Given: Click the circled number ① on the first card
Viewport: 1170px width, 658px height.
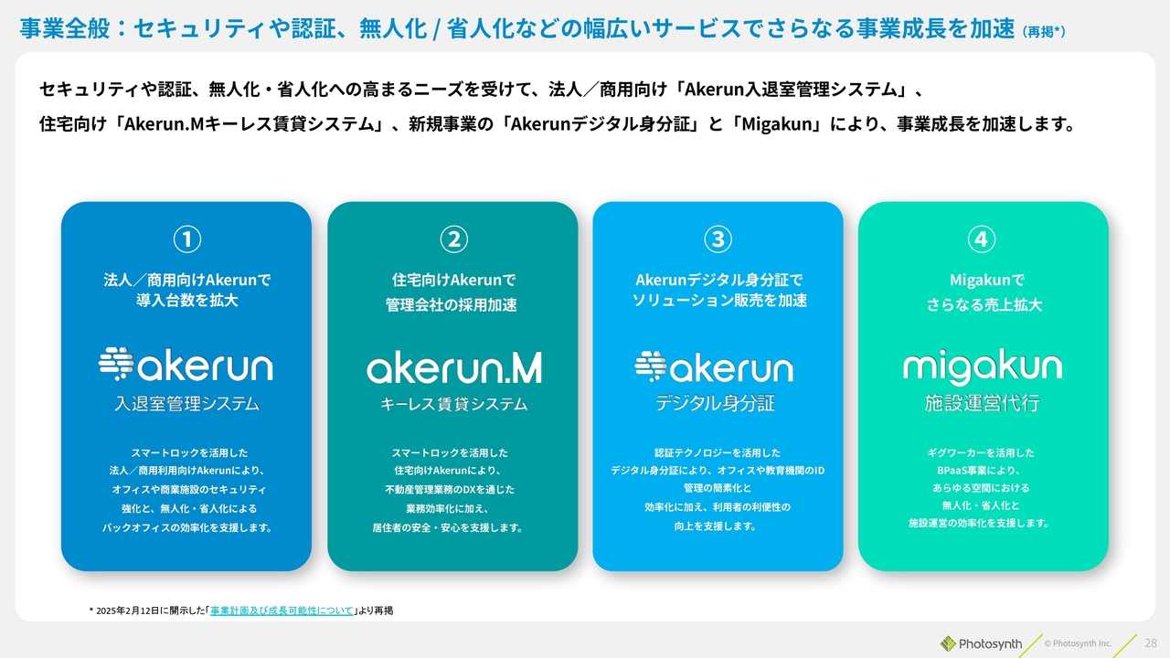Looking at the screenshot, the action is coord(187,239).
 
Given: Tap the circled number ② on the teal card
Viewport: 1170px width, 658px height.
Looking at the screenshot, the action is coord(454,239).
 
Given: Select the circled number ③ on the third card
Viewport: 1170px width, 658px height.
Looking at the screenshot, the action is coord(718,239).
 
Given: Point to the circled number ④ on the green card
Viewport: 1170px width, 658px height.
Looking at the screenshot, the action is coord(982,239).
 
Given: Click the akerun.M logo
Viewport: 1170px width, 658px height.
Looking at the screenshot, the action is coord(454,367).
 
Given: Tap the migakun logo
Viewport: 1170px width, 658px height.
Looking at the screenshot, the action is coord(983,367).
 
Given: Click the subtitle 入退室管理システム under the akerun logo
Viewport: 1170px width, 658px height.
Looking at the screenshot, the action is coord(187,403).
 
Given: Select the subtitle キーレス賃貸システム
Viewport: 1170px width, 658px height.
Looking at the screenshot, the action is coord(454,404).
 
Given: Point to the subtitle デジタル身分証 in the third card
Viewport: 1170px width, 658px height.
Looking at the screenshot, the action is coord(715,403).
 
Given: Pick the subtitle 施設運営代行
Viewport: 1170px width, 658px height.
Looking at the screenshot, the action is coord(983,403).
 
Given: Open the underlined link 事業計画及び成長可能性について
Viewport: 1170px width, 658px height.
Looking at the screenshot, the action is coord(282,610).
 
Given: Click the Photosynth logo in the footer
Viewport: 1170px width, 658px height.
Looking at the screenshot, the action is coord(981,644).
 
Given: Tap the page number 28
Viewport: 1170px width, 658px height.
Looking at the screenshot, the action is coord(1151,642).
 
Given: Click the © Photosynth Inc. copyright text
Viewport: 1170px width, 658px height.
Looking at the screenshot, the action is coord(1078,643).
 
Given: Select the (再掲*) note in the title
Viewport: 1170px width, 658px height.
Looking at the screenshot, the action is coord(1044,32).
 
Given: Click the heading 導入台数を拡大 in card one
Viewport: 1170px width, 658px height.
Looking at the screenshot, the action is coord(187,301).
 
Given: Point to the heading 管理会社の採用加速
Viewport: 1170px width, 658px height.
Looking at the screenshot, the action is coord(452,304).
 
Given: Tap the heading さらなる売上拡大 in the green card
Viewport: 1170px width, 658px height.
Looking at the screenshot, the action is coord(984,304).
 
